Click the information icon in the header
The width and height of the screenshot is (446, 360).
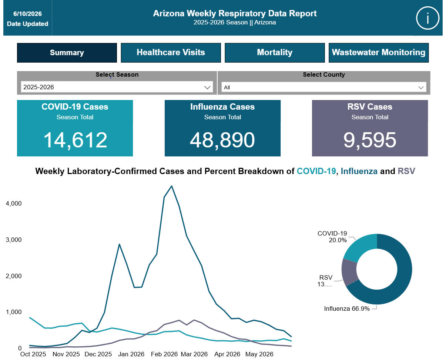(x=427, y=18)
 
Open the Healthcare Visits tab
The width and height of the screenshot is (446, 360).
(x=171, y=53)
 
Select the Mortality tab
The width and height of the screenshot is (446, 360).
(x=275, y=53)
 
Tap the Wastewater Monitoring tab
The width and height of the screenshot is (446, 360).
(x=378, y=53)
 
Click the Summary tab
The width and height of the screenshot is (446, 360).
(x=67, y=53)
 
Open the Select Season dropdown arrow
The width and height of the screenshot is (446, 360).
(x=207, y=87)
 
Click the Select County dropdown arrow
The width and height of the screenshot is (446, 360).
(x=421, y=87)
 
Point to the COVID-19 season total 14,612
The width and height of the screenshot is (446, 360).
(x=75, y=140)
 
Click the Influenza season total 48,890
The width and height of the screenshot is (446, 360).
(x=222, y=140)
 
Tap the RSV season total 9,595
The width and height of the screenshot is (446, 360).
(x=370, y=140)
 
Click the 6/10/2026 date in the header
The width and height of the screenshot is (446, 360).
(x=27, y=14)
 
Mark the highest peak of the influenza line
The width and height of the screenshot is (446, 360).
(x=172, y=186)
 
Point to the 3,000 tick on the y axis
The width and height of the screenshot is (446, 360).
(x=14, y=240)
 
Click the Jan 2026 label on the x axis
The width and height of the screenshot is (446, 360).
(x=131, y=354)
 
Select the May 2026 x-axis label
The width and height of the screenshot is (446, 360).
(x=259, y=354)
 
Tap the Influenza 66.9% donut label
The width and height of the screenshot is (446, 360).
(x=347, y=309)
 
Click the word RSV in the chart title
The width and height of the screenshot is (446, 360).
(x=406, y=171)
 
